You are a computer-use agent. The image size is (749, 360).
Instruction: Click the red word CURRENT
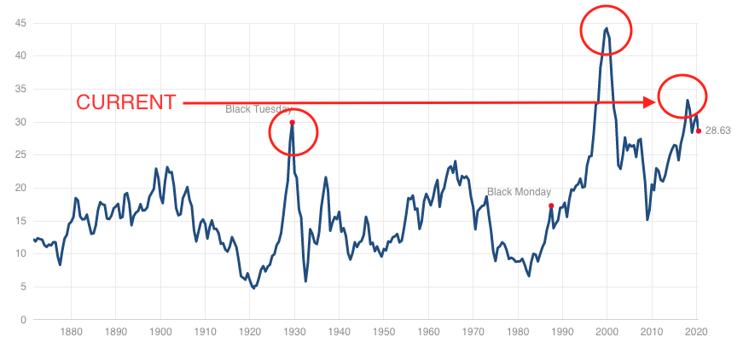click(126, 102)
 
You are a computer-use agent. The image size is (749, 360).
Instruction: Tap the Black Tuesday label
click(258, 109)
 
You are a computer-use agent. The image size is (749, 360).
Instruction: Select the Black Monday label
click(519, 193)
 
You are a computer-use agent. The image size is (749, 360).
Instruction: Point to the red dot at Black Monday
click(551, 206)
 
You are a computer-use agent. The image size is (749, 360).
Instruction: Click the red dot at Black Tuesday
click(292, 122)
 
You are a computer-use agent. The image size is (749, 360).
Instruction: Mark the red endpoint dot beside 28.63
click(698, 131)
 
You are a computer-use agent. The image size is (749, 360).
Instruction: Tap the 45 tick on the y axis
click(18, 23)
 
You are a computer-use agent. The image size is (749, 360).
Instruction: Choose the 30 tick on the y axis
click(18, 122)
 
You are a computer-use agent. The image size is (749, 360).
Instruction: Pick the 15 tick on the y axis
click(18, 221)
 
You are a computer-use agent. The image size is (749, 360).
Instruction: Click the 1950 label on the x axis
click(384, 333)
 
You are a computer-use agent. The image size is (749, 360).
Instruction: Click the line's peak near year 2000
click(606, 28)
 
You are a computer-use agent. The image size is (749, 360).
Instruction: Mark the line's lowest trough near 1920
click(253, 288)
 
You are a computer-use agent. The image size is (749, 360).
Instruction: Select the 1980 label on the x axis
click(518, 333)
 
